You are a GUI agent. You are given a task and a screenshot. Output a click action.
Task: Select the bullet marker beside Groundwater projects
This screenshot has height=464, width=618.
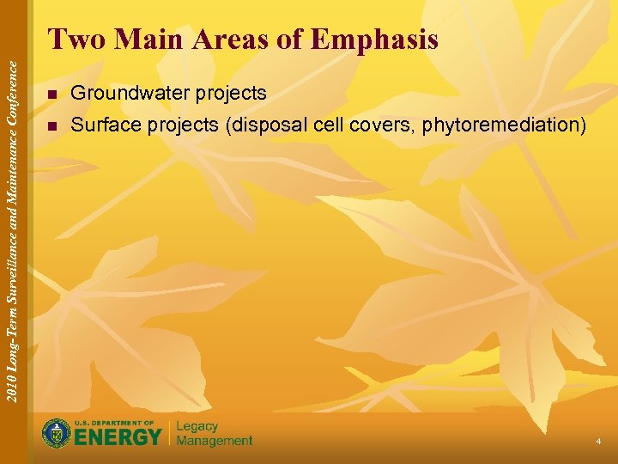[53, 94]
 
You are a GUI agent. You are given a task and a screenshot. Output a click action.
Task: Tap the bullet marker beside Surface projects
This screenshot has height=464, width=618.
[53, 126]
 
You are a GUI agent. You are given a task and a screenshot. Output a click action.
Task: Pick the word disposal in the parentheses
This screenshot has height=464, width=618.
[260, 125]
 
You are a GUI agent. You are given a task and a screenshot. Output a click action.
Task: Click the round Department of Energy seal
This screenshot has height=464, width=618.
[57, 433]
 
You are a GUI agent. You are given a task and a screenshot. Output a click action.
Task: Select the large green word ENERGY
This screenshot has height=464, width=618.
[118, 437]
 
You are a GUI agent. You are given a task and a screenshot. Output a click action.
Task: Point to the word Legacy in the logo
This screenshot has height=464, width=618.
[197, 426]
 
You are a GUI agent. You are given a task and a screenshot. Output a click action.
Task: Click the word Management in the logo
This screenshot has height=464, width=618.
[215, 441]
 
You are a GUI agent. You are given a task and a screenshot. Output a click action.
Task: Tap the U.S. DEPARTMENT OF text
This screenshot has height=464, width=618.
[114, 423]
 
